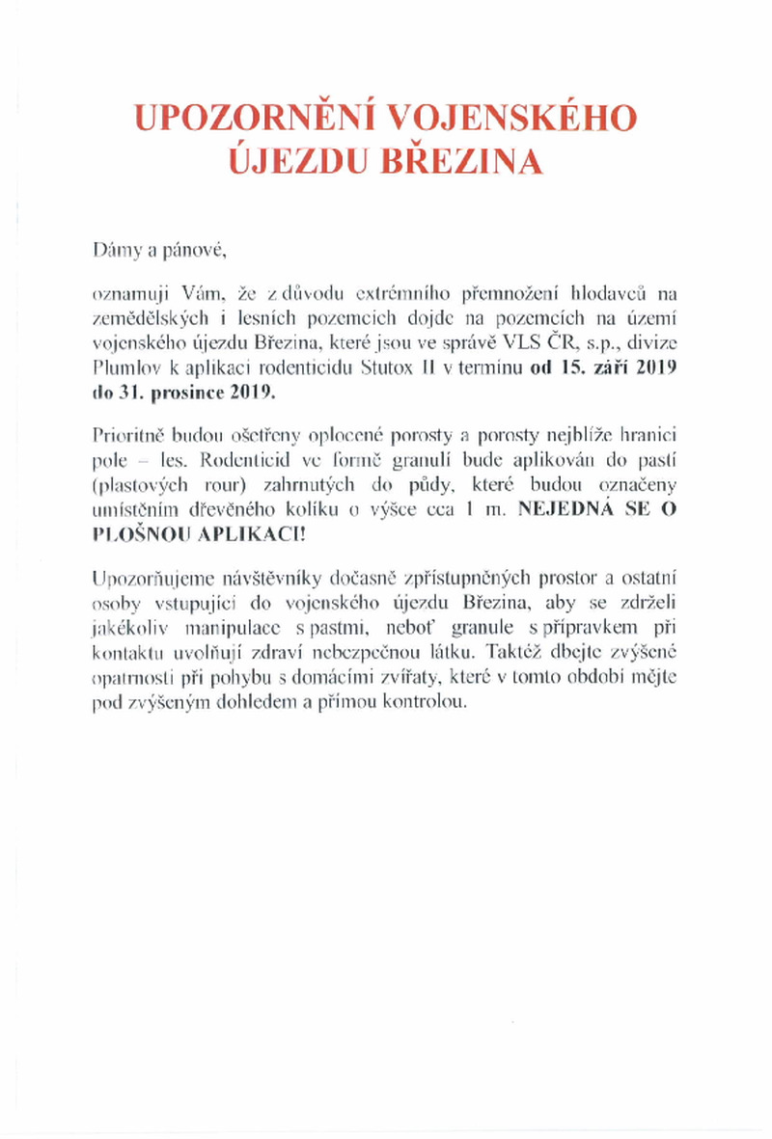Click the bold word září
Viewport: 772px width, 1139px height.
pos(605,369)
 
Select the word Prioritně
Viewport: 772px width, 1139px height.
pos(128,434)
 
